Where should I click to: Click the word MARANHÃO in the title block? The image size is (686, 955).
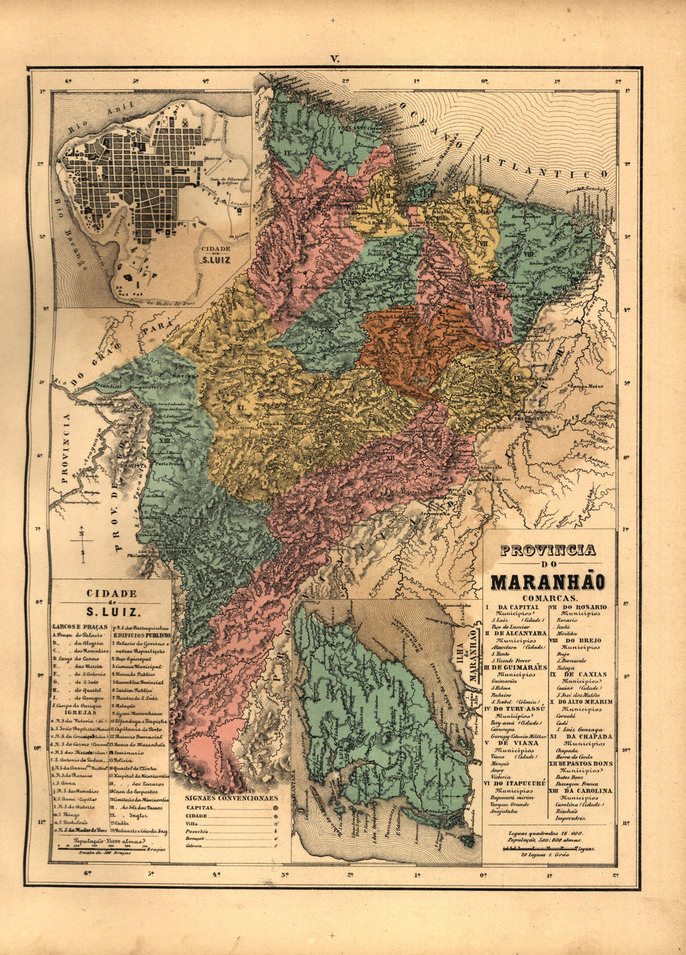click(x=547, y=582)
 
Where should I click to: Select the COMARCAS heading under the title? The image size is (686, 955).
click(x=547, y=597)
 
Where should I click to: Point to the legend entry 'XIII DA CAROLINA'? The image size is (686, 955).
click(x=581, y=790)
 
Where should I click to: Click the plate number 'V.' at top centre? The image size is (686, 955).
click(x=335, y=59)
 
